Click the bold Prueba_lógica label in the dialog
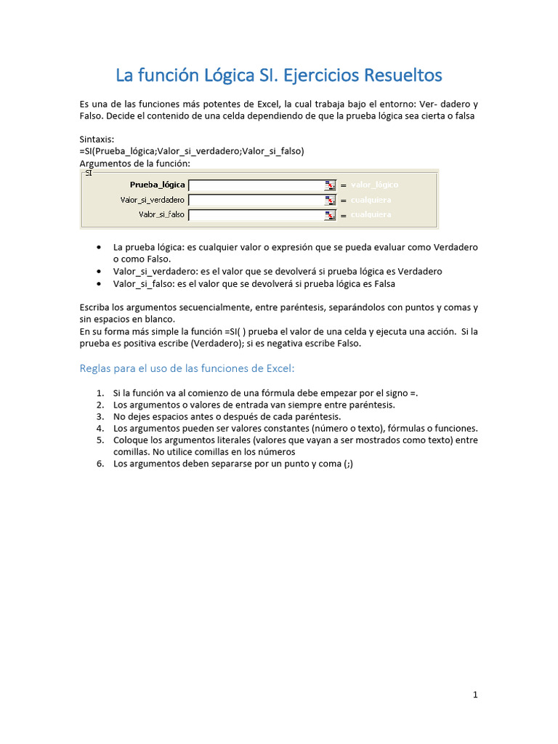tap(157, 185)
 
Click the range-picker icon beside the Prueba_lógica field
tap(330, 185)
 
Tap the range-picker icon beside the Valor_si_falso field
tap(330, 215)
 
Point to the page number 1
tap(475, 695)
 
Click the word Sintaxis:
tap(97, 139)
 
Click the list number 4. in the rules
tap(100, 429)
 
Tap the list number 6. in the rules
tap(100, 464)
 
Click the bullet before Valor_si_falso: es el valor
tap(99, 283)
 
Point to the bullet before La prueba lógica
tap(99, 248)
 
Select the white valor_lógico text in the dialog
tap(374, 185)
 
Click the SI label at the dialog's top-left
tap(89, 173)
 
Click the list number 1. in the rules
tap(100, 393)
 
